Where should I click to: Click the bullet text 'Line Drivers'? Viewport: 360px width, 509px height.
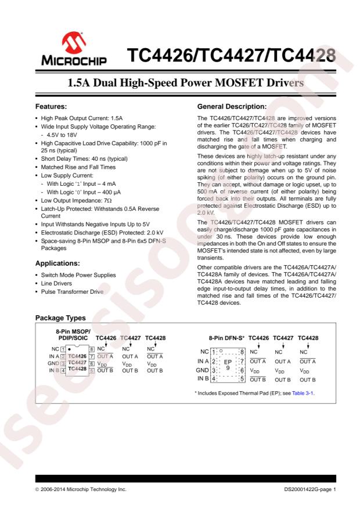pyautogui.click(x=58, y=283)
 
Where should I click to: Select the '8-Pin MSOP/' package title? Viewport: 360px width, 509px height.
pyautogui.click(x=67, y=331)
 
